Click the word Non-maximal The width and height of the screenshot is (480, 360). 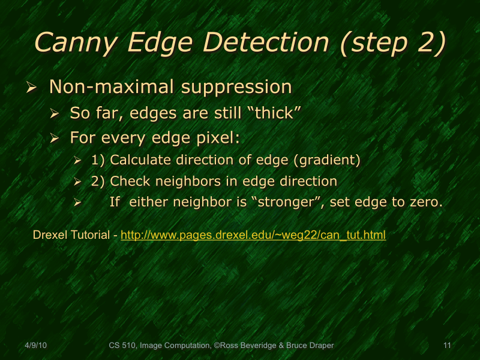[109, 87]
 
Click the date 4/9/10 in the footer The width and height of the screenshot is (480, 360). [36, 345]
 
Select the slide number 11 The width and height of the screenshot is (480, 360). [446, 345]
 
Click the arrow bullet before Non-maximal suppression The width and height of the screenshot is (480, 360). [32, 88]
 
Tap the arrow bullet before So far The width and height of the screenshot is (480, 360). [55, 113]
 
